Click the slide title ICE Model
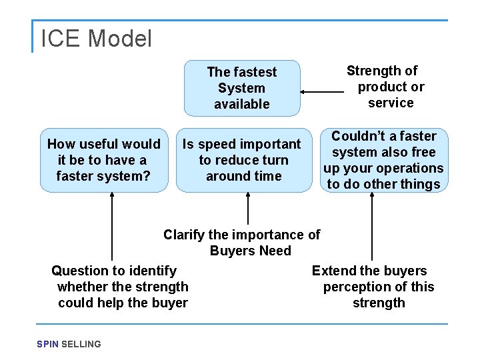[96, 39]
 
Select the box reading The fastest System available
[242, 88]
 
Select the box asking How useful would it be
[104, 160]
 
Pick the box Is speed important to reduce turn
[243, 160]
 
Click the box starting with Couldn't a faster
[383, 160]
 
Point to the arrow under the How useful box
[112, 227]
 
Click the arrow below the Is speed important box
[248, 209]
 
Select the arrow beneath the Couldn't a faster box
[371, 227]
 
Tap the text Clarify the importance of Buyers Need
[242, 243]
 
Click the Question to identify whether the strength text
[120, 287]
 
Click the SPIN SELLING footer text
[69, 344]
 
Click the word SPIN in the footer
[47, 344]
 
